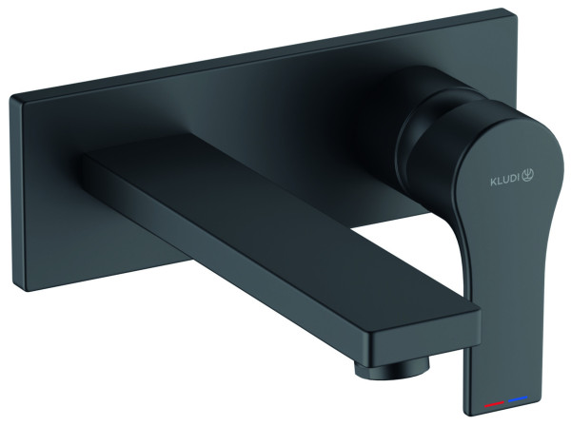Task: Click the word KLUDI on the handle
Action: (506, 181)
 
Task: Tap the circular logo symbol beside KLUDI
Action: (529, 175)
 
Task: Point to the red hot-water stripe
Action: (494, 403)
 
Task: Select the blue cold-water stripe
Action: (518, 399)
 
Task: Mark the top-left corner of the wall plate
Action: (10, 95)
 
